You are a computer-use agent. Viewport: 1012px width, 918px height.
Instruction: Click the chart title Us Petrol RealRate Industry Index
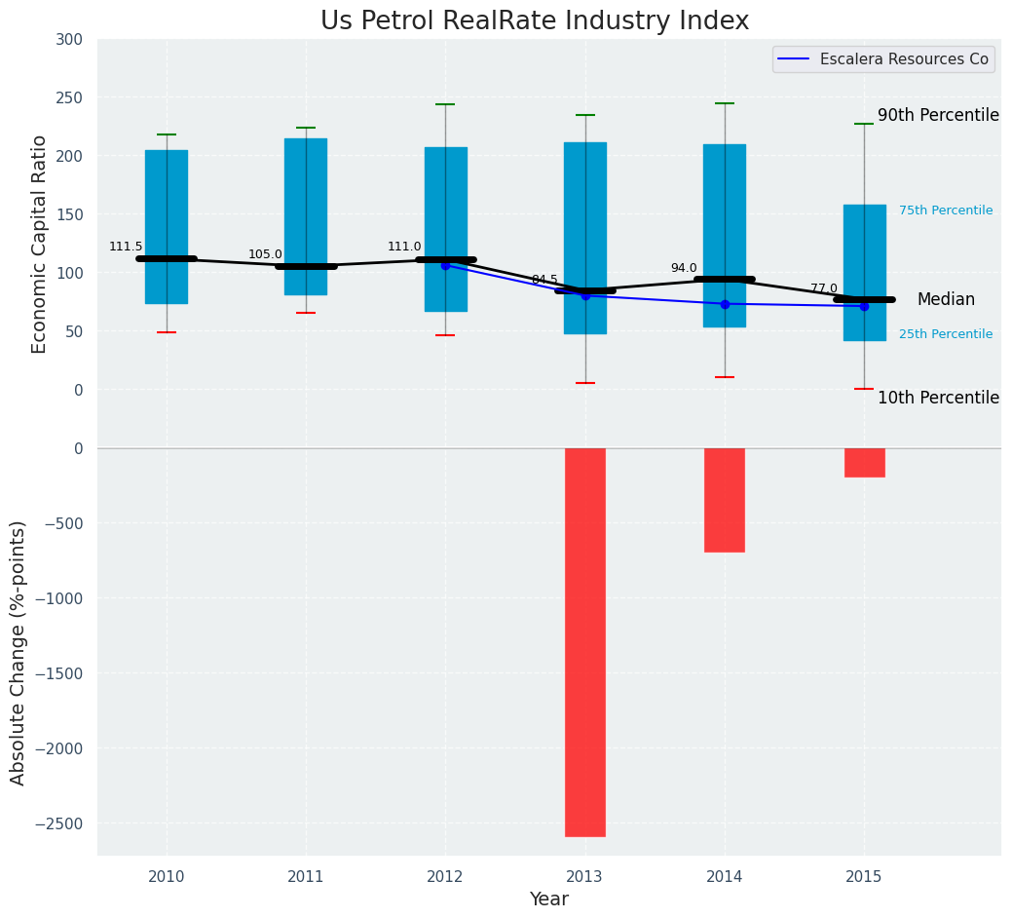click(535, 21)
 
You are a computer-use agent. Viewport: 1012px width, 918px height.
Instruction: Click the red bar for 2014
click(725, 500)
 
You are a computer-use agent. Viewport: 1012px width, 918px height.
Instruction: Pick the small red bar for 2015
click(864, 463)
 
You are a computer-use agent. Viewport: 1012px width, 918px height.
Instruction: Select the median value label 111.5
click(126, 247)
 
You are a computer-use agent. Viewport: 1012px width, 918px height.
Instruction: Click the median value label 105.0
click(265, 254)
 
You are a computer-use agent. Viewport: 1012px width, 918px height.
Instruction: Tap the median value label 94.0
click(684, 268)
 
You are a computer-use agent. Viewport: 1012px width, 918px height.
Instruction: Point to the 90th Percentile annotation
click(938, 115)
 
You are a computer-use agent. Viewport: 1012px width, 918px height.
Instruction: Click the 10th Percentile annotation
click(938, 398)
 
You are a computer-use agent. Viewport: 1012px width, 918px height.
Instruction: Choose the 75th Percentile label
click(946, 210)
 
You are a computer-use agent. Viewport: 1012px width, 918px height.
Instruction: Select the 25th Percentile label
click(946, 334)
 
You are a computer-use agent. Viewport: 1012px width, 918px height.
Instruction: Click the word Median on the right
click(946, 299)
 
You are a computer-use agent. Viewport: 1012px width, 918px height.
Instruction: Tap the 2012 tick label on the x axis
click(445, 877)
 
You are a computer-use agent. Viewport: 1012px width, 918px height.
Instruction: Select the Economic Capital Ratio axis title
click(39, 244)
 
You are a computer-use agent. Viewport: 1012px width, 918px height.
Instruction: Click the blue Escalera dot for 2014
click(725, 304)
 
